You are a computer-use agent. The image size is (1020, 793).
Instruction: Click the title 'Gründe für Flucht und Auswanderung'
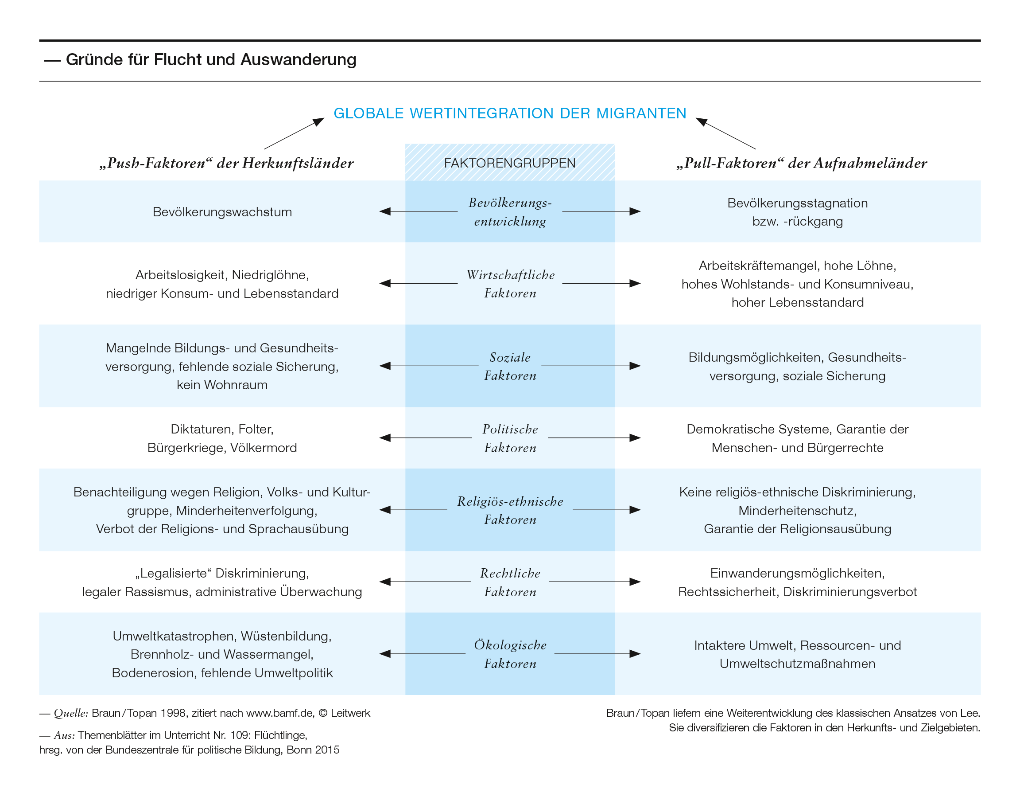(x=211, y=60)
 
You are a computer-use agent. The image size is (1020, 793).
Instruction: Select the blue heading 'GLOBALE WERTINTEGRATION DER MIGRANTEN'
(x=510, y=113)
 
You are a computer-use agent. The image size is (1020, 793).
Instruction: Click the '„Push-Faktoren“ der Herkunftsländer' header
(x=226, y=163)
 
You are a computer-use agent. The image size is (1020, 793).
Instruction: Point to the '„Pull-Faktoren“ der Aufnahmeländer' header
(x=802, y=163)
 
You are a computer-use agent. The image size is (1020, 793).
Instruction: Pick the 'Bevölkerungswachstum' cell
(x=222, y=212)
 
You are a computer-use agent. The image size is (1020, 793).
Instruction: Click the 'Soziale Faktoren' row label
(x=510, y=367)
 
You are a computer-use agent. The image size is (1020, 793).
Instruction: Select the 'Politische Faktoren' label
(x=510, y=438)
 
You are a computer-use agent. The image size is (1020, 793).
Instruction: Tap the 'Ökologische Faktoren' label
(x=510, y=654)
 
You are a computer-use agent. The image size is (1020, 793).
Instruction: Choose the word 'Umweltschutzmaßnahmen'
(x=797, y=664)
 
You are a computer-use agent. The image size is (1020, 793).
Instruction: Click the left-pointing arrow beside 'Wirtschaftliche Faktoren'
(x=419, y=283)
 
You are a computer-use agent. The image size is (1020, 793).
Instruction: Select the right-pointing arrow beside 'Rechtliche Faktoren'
(x=595, y=582)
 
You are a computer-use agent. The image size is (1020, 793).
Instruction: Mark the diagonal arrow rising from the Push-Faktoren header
(x=294, y=133)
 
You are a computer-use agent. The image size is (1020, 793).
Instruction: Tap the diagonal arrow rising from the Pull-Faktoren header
(x=726, y=133)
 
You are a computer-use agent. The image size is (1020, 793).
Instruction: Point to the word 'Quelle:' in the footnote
(x=70, y=713)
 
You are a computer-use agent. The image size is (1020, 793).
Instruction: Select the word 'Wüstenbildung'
(x=286, y=637)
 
